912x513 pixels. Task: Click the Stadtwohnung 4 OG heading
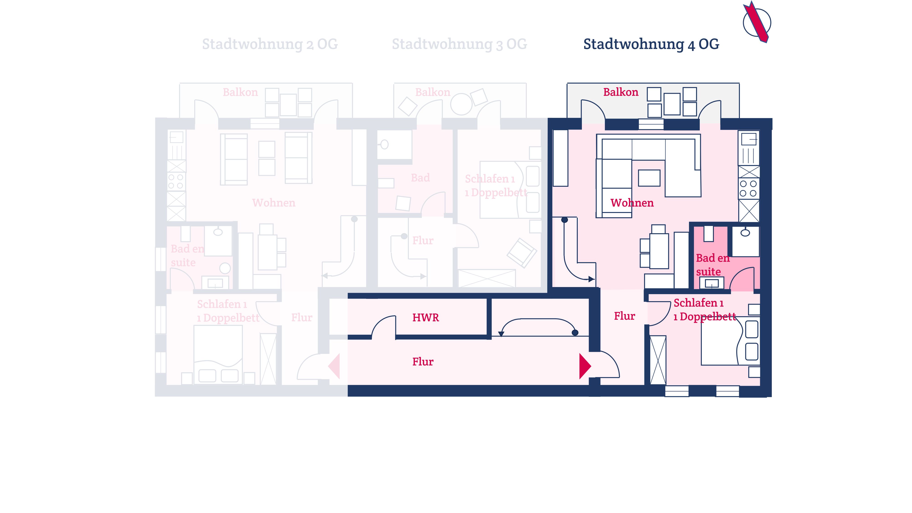(651, 44)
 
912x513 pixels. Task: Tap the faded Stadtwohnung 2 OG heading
(270, 44)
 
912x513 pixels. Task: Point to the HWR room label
(425, 318)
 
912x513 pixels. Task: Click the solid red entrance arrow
(585, 366)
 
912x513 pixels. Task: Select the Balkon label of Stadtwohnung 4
(621, 92)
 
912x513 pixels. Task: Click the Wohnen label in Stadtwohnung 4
(632, 203)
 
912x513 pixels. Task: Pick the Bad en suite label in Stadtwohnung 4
(713, 265)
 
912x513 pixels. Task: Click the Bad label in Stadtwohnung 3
(420, 178)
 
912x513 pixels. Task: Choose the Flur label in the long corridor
(423, 362)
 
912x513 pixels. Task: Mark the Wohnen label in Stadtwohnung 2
(274, 203)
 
